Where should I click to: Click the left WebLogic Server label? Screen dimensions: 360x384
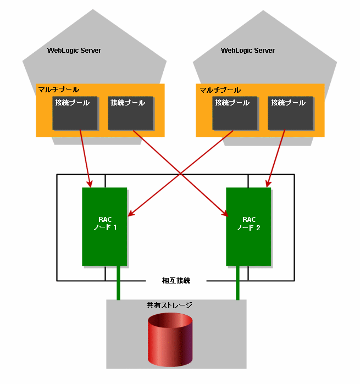point(74,51)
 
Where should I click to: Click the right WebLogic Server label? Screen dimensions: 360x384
point(247,51)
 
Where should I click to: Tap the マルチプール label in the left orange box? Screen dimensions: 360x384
point(59,90)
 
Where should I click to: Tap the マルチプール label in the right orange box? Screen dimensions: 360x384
point(220,90)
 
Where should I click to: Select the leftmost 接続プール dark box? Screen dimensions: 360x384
point(75,113)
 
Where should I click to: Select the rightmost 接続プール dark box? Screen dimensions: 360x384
point(290,113)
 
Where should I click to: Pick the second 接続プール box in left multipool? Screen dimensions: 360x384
point(130,113)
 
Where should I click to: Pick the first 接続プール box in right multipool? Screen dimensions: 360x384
point(235,113)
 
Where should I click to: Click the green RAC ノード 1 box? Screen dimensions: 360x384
point(104,226)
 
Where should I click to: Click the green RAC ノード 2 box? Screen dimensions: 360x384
point(248,226)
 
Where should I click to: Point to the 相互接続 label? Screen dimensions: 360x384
point(176,280)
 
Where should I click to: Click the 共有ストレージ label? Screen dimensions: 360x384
point(169,305)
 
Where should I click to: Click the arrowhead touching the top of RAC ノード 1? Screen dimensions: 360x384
point(90,184)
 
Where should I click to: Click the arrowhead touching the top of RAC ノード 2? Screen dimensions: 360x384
point(268,184)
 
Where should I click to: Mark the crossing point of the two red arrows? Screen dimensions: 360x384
point(181,174)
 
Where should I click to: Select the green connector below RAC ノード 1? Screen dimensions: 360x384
point(118,283)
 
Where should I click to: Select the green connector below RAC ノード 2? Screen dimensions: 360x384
point(237,283)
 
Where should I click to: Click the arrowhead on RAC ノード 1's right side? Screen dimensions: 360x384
point(131,213)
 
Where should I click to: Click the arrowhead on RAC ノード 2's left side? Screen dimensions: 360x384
point(225,214)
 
